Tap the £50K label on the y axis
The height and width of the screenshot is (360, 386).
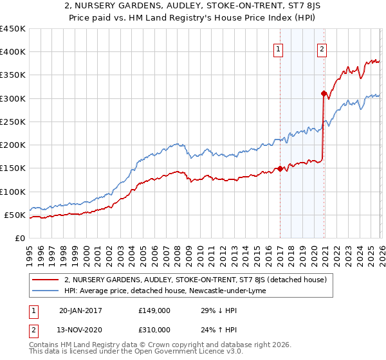coord(15,215)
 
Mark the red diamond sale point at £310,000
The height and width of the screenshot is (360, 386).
coord(324,94)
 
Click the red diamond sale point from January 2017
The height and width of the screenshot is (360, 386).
coord(280,169)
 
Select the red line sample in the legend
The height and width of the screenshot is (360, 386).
coord(46,280)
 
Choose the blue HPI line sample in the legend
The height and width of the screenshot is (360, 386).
coord(46,291)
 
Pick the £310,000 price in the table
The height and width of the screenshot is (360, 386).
coord(154,329)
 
